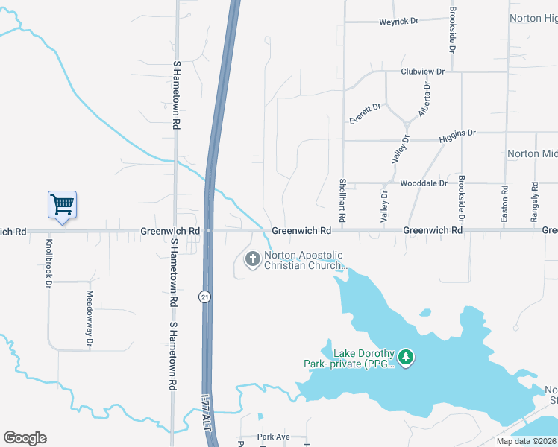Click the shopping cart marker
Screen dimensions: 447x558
click(x=63, y=204)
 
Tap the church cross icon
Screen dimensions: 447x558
click(x=253, y=259)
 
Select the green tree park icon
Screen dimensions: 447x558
click(x=406, y=358)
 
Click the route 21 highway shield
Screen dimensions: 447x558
click(x=204, y=297)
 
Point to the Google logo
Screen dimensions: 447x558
click(x=25, y=438)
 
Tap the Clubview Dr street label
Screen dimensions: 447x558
click(x=422, y=72)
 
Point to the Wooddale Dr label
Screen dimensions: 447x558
click(x=423, y=183)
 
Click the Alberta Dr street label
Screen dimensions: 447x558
click(x=425, y=100)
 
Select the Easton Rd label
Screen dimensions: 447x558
click(x=505, y=203)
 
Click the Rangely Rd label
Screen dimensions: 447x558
click(x=535, y=202)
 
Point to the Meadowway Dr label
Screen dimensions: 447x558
click(x=89, y=320)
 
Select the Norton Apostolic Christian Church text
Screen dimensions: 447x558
click(x=304, y=260)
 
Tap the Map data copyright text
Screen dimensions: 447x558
click(x=527, y=441)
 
